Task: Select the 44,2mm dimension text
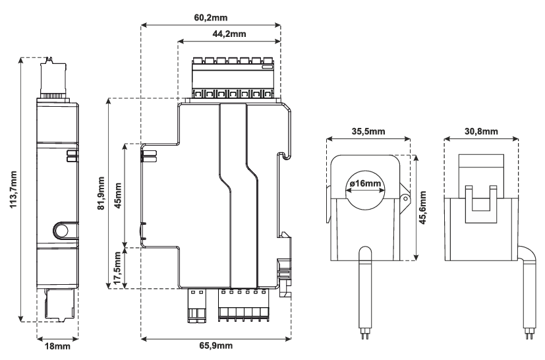click(x=229, y=34)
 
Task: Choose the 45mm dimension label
click(x=118, y=195)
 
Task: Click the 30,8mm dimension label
click(x=481, y=131)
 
